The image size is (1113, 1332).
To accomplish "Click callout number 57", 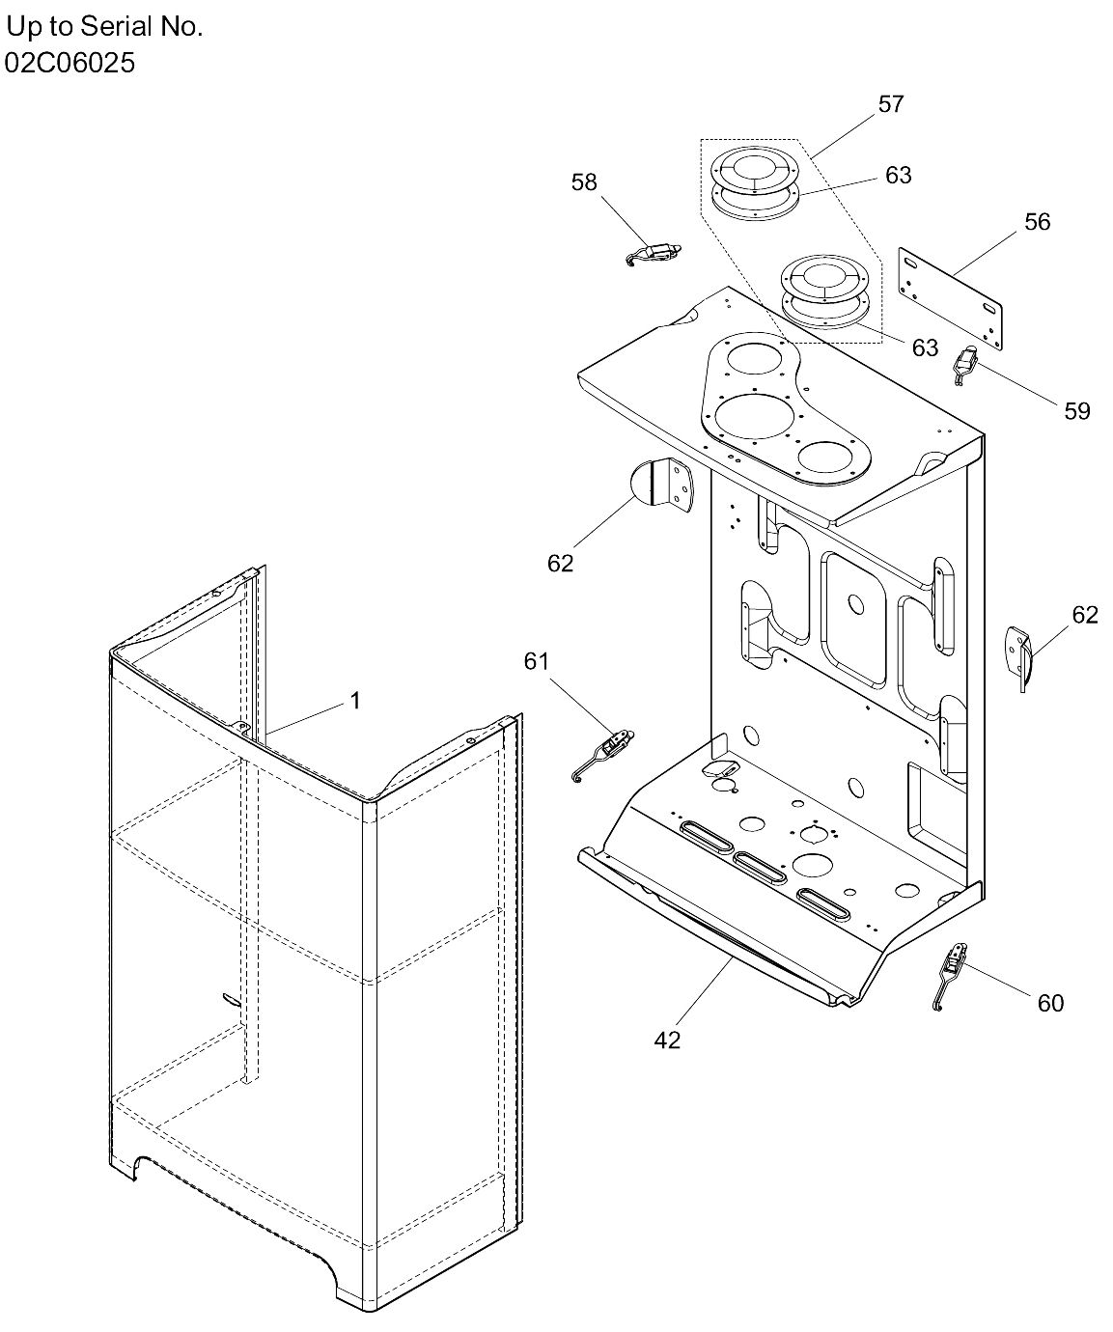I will (890, 104).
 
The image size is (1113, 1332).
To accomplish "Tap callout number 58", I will (584, 182).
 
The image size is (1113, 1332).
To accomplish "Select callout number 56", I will (1037, 222).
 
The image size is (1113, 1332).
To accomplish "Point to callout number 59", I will (1076, 411).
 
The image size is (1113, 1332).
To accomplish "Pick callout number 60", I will (1050, 1004).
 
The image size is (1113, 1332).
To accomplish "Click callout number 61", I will (536, 661).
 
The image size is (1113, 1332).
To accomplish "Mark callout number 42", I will (667, 1040).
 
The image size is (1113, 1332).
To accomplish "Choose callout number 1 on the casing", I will (355, 701).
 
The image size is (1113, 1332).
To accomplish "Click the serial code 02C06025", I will (70, 64).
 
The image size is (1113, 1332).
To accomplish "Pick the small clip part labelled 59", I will (965, 365).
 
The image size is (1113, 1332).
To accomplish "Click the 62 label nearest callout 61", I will (560, 564).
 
